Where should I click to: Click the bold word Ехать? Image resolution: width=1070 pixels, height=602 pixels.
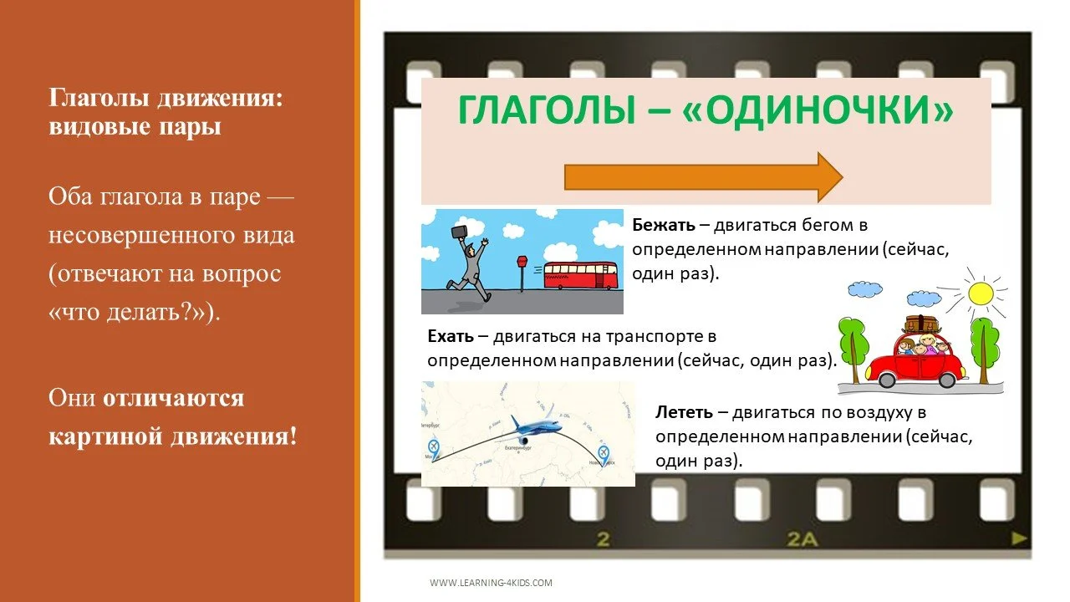click(451, 336)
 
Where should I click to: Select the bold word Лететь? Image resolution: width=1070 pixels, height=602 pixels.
click(684, 411)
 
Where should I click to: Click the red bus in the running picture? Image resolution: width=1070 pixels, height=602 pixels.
click(580, 275)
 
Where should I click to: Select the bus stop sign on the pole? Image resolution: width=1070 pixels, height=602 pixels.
click(522, 263)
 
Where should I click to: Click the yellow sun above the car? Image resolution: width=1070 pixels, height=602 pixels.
click(979, 293)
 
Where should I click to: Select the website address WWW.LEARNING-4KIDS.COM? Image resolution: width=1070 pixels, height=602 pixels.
click(491, 583)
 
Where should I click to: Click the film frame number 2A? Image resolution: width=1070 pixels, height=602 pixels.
click(802, 539)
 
